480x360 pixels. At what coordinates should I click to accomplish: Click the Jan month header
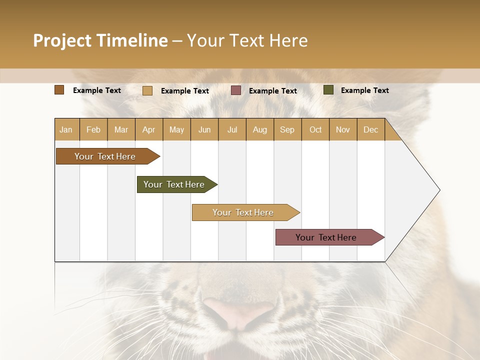point(66,129)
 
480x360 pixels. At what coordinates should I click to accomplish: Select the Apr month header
point(148,129)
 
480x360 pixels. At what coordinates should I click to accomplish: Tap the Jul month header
point(232,129)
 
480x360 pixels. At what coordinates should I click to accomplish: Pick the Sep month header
point(287,129)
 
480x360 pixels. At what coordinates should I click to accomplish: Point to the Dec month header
point(370,129)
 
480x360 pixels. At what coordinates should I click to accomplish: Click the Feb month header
point(93,129)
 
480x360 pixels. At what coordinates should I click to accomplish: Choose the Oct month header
point(315,129)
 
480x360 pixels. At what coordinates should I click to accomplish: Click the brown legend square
point(59,90)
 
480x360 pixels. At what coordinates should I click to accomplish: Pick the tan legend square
point(147,90)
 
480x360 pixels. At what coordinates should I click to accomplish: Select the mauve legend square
point(236,90)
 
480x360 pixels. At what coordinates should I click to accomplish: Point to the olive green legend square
point(328,90)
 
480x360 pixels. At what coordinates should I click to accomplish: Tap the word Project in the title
point(62,40)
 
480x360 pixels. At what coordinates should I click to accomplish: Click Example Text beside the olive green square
point(364,90)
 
